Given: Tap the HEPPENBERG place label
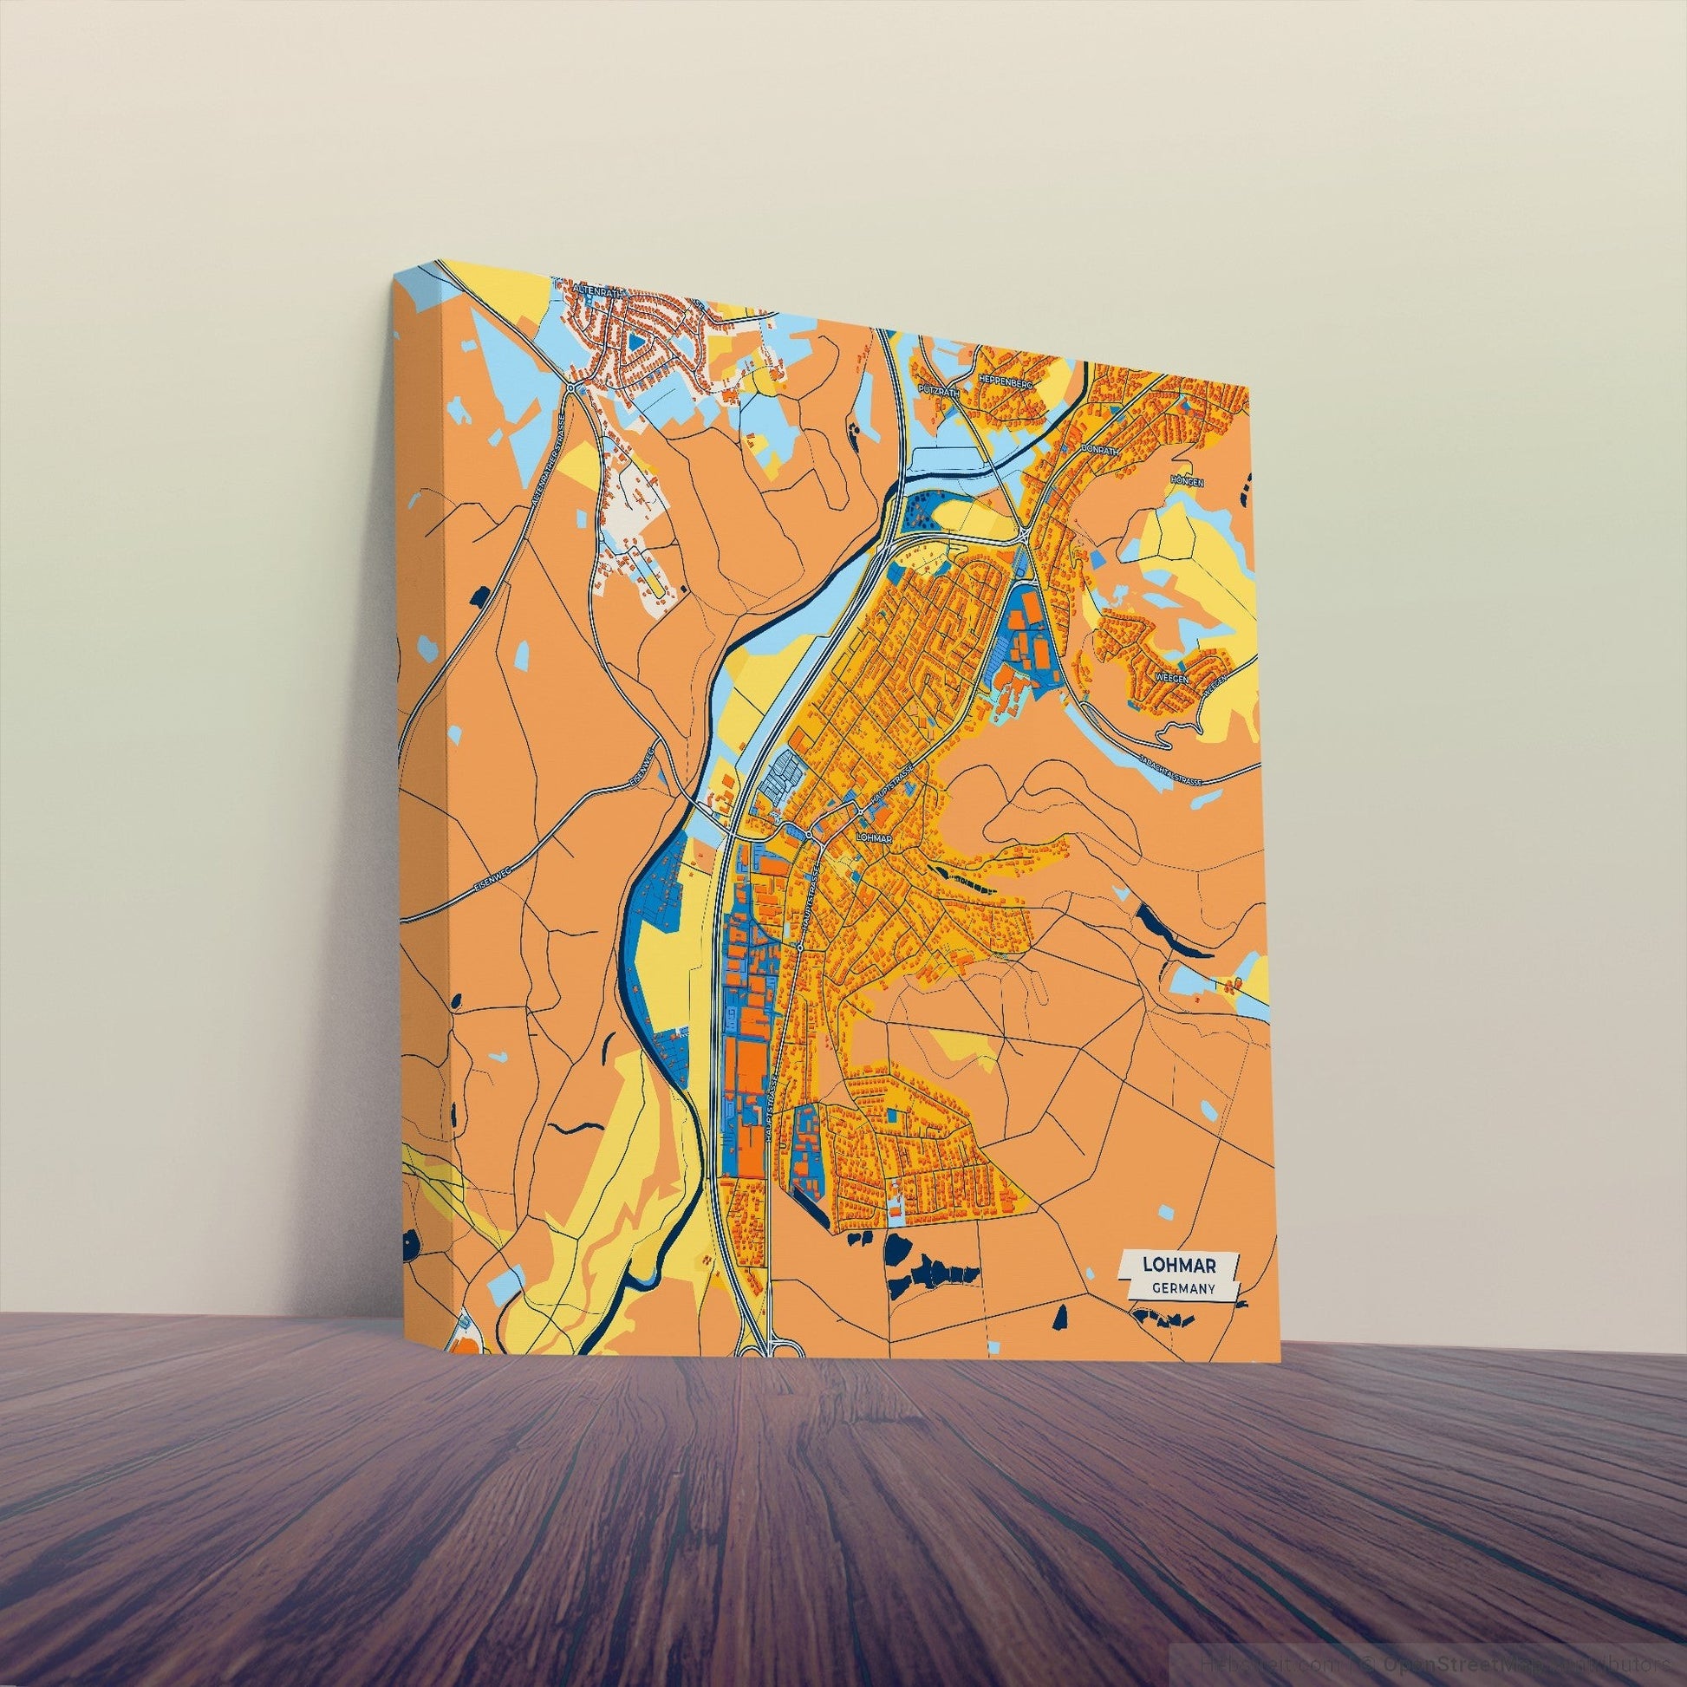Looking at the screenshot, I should pos(1006,380).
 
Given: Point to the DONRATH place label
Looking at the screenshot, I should pos(1098,447).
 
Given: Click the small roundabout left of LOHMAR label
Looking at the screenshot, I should pos(811,836).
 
